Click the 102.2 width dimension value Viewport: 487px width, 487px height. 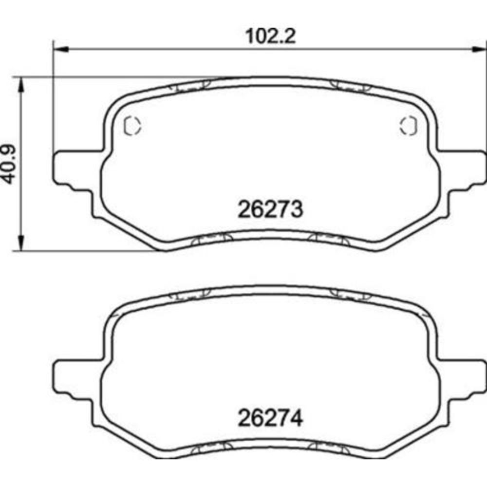pos(270,37)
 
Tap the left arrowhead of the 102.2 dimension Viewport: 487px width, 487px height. pos(61,49)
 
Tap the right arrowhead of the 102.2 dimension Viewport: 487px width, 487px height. pos(479,49)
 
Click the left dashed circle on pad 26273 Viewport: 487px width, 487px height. pos(132,126)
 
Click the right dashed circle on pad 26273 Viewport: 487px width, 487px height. pos(409,126)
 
